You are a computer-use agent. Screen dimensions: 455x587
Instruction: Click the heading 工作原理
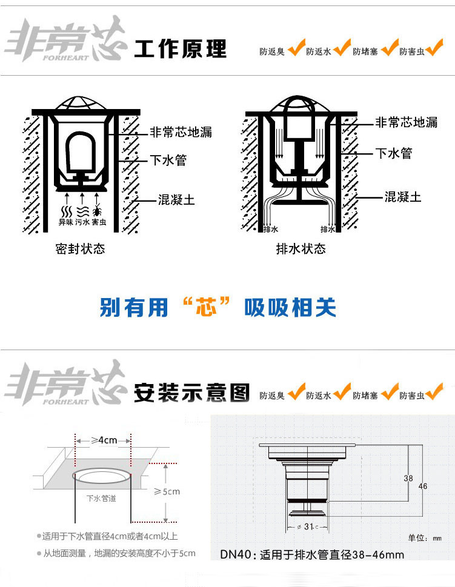(x=180, y=48)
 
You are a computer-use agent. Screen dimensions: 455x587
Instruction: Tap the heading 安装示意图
(x=191, y=393)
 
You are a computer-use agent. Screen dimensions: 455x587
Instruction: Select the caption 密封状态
(x=80, y=249)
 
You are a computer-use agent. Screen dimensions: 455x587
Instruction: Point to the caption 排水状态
(x=301, y=249)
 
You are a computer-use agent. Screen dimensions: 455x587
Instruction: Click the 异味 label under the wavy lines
(x=65, y=222)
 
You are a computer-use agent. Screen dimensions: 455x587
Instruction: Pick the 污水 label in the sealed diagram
(x=82, y=222)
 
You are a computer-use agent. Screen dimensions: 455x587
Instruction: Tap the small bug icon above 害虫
(x=98, y=211)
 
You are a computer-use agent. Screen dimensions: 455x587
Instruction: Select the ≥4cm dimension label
(x=104, y=440)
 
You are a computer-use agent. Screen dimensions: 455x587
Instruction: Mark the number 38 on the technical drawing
(x=408, y=478)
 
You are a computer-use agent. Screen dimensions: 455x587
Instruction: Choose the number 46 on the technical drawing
(x=422, y=486)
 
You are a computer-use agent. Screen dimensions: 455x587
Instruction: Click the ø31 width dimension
(x=308, y=525)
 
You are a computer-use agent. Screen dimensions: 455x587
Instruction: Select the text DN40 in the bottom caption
(x=234, y=554)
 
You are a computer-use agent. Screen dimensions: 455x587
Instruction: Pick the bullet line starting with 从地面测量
(x=115, y=553)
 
